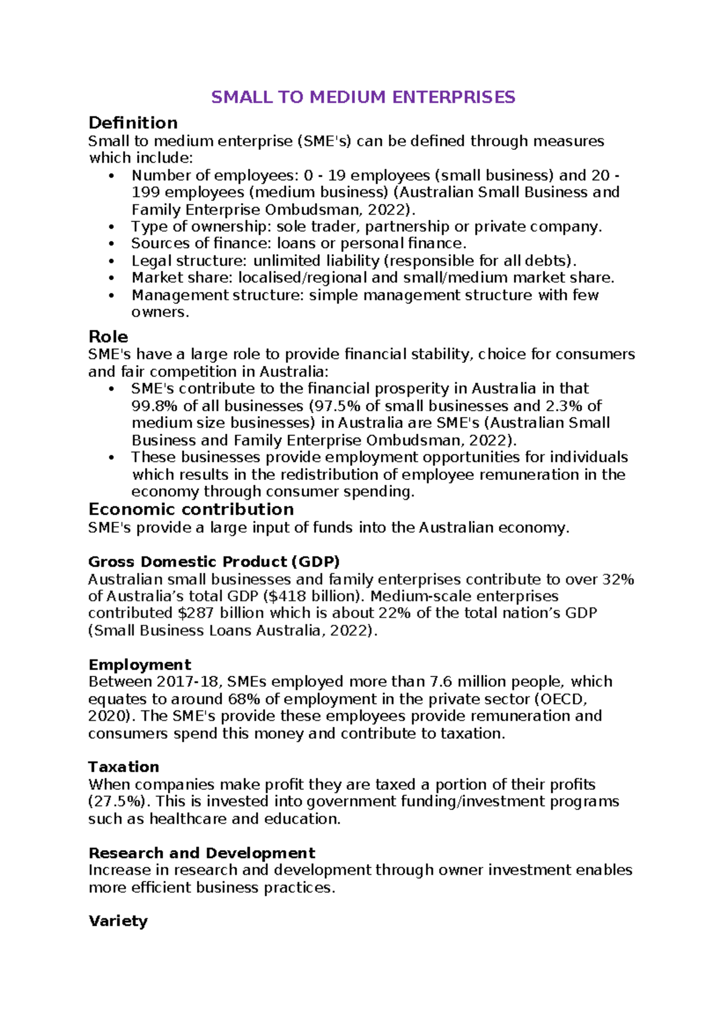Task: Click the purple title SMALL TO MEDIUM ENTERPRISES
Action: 363,97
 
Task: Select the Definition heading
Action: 133,123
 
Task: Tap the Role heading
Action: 108,337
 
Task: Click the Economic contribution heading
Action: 190,509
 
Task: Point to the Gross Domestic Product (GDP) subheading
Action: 214,561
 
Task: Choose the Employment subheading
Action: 140,664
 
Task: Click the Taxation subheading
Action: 124,766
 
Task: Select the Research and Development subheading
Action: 201,853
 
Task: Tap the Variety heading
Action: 118,921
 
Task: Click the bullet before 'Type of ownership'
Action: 110,227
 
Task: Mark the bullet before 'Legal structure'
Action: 110,261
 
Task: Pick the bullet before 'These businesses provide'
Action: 110,457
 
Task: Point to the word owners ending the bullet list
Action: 160,312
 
